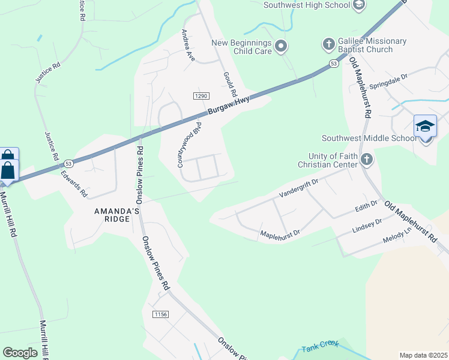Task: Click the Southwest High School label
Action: click(x=307, y=5)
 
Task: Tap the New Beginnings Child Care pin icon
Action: click(x=281, y=47)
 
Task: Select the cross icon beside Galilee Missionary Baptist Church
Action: click(x=328, y=44)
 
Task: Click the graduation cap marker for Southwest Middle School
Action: click(x=425, y=127)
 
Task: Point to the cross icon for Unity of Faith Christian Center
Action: click(x=367, y=160)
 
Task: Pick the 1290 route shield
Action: click(x=200, y=96)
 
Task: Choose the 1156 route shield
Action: click(x=160, y=314)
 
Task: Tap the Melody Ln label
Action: click(x=397, y=235)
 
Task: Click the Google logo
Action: click(x=20, y=353)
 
